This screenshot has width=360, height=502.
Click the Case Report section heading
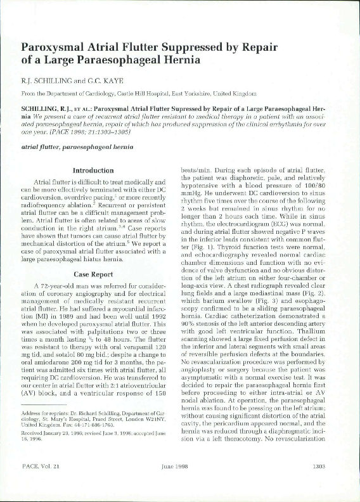tap(93, 258)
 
